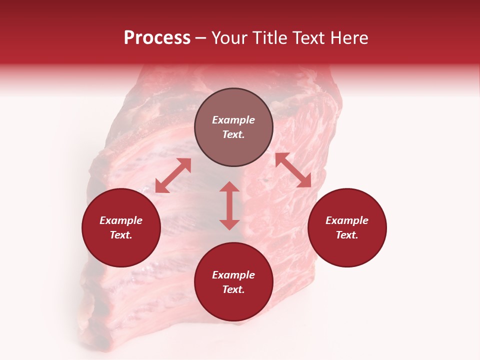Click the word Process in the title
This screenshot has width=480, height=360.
click(157, 38)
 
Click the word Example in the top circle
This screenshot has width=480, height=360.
click(233, 120)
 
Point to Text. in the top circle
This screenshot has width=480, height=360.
click(233, 134)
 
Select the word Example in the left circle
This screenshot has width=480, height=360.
click(121, 220)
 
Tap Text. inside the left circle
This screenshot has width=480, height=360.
click(121, 235)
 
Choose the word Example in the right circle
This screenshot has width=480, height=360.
click(347, 220)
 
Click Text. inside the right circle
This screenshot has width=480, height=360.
click(347, 235)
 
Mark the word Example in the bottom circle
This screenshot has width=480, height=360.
click(233, 275)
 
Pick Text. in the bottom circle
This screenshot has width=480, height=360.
click(233, 289)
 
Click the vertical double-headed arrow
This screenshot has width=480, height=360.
click(229, 205)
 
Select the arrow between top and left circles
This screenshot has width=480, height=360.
click(173, 175)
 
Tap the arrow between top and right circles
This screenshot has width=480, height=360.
click(293, 170)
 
